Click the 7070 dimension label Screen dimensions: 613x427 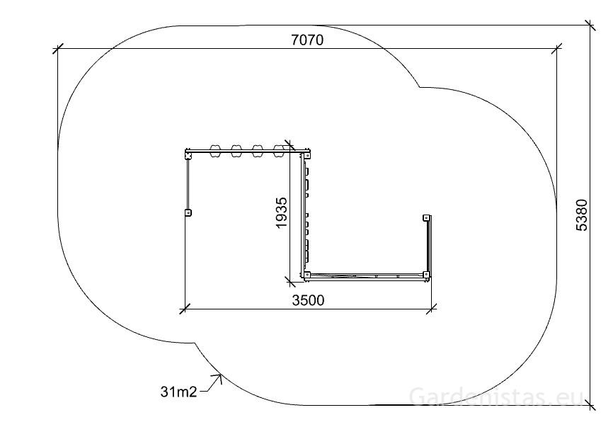point(308,40)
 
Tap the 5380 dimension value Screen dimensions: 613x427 point(582,215)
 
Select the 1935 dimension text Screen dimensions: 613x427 point(282,212)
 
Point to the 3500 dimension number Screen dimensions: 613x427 point(308,300)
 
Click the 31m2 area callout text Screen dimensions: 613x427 point(178,392)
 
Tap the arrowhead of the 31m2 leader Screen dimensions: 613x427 point(219,377)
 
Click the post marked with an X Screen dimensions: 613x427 point(188,156)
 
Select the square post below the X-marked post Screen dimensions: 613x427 point(188,212)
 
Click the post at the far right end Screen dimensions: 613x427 point(426,218)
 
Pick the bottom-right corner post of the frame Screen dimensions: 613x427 point(426,275)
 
